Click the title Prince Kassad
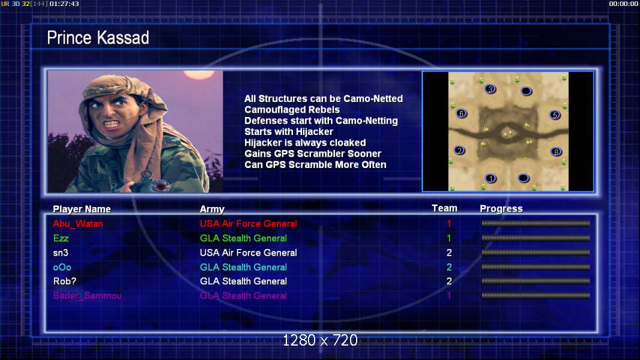point(98,38)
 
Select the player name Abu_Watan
point(78,224)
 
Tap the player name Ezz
point(61,238)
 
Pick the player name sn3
point(61,253)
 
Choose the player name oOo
point(62,268)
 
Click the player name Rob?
point(64,281)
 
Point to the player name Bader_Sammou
point(87,296)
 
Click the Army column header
point(213,209)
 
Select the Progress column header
point(501,209)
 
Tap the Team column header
point(444,208)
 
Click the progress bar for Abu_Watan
point(536,223)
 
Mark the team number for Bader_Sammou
point(449,296)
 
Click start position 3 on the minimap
point(490,88)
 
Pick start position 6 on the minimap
point(461,114)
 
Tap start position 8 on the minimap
point(556,152)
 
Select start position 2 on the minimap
point(460,151)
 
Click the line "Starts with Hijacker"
point(289,131)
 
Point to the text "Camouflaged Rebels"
point(292,110)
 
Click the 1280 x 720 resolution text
point(320,340)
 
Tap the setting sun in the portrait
point(199,74)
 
